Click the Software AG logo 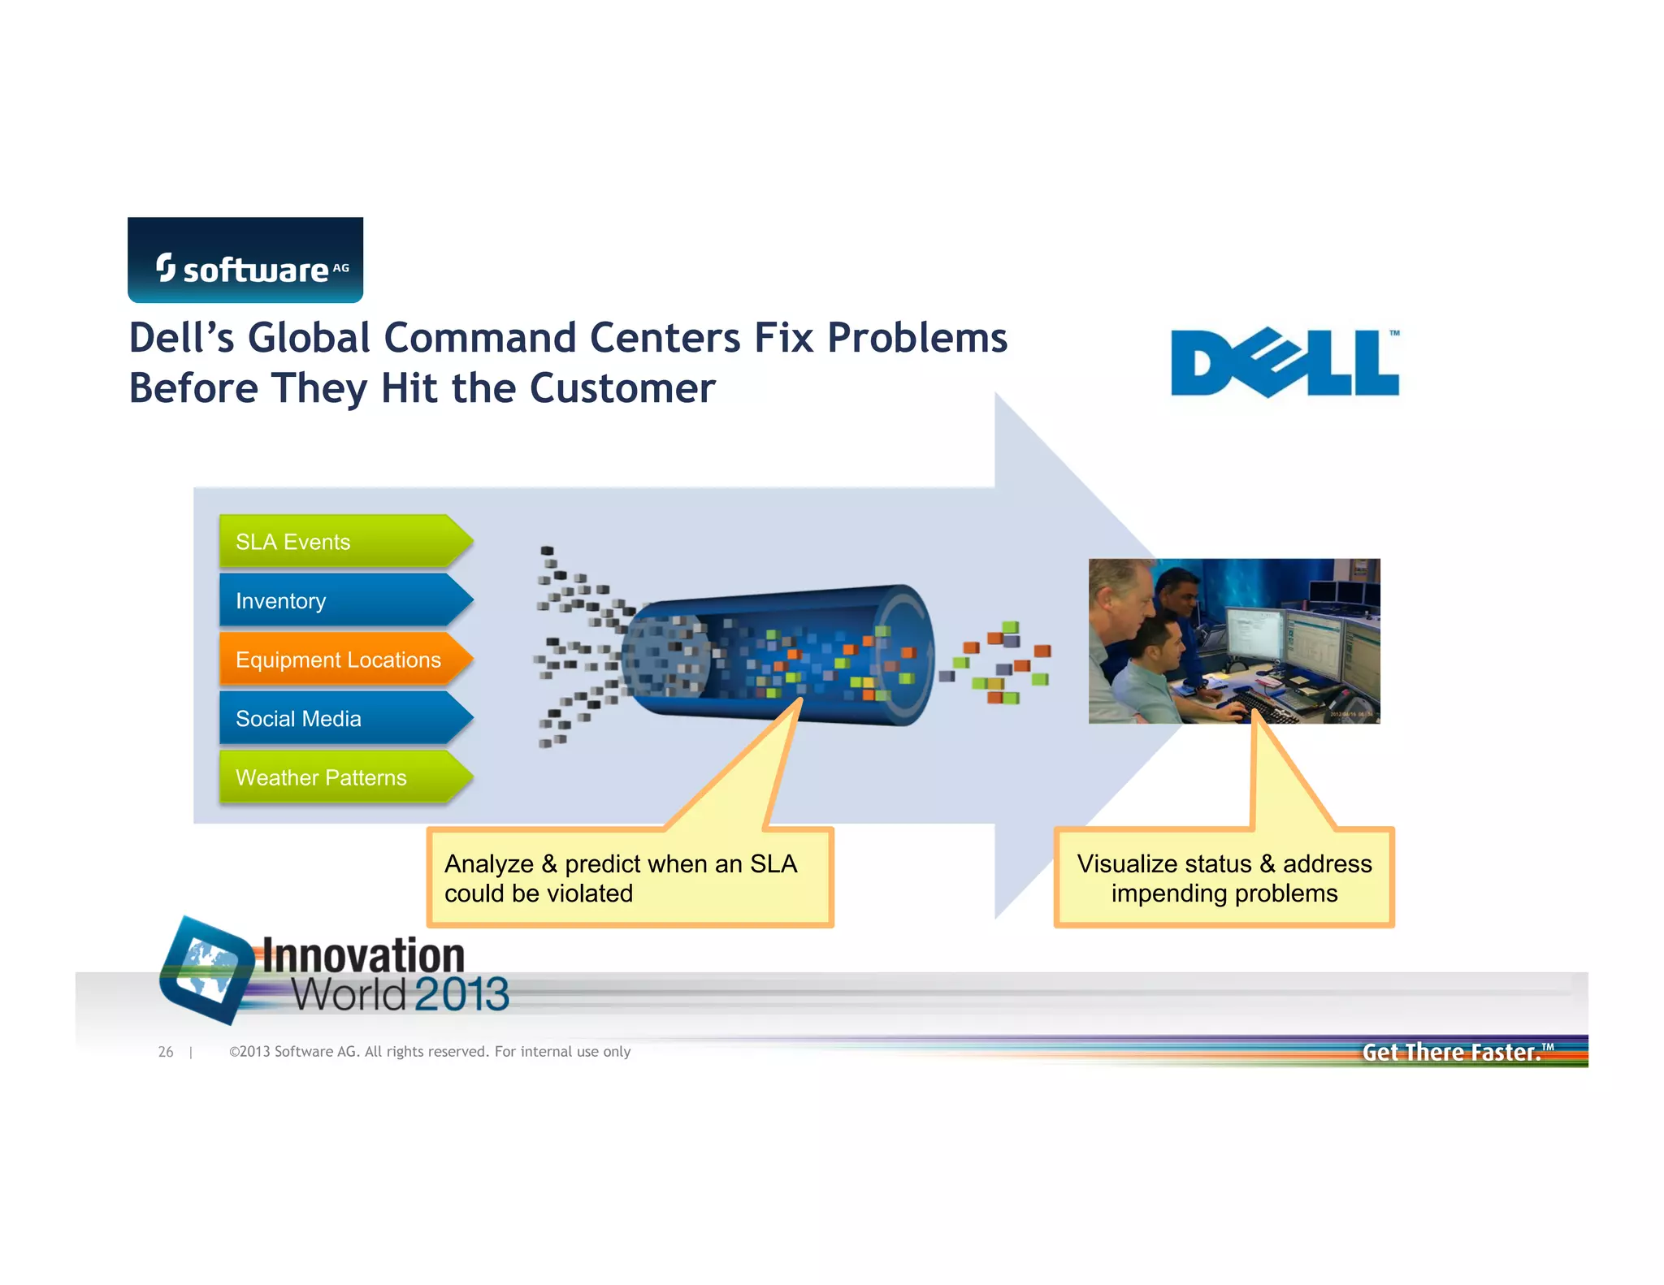(x=245, y=261)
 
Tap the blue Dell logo (x=1285, y=363)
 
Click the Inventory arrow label (x=281, y=601)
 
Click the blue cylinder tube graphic (x=780, y=655)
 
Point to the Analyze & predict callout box (x=630, y=878)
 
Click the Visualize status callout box (x=1224, y=878)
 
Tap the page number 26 (x=166, y=1052)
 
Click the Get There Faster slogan (x=1452, y=1052)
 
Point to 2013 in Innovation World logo (x=461, y=995)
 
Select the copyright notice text (x=430, y=1052)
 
